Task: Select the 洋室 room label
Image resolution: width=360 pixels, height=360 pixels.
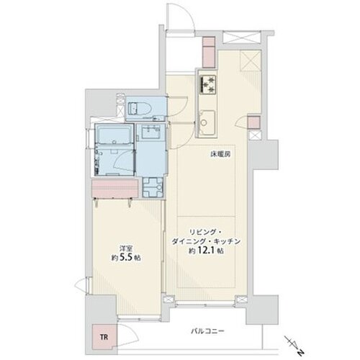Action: coord(126,248)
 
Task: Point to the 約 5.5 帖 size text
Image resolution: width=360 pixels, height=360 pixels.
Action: coord(126,258)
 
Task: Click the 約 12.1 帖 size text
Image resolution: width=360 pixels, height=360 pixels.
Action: coord(206,251)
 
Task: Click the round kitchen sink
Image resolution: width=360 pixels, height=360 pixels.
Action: coord(204,122)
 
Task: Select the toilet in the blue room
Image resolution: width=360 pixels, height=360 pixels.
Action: coord(138,108)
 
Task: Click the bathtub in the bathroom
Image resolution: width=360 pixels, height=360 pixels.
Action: coord(114,135)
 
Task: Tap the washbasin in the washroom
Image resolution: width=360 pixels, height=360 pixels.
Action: coord(150,132)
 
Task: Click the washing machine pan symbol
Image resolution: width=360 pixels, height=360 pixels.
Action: coord(153,187)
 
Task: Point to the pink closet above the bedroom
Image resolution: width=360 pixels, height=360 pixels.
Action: coord(115,189)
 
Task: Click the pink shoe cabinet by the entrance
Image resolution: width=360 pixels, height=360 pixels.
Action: coord(209,52)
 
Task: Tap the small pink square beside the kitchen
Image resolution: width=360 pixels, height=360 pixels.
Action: coord(254,122)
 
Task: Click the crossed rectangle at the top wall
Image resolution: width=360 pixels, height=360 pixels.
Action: coord(241,37)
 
